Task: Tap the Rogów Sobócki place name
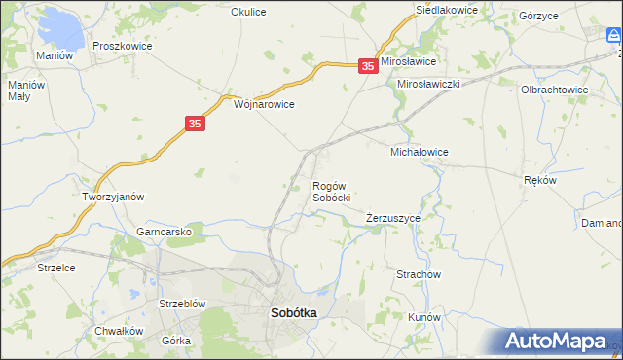coord(331,192)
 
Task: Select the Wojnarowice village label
coord(264,103)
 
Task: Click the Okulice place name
coord(248,12)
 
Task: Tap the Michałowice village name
coord(419,153)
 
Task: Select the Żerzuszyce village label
coord(393,218)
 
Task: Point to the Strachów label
coord(419,275)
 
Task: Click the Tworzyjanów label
coord(113,197)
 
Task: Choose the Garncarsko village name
coord(170,233)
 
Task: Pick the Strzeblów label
coord(182,304)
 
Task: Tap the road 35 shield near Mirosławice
coord(367,66)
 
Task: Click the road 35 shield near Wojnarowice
coord(195,124)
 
